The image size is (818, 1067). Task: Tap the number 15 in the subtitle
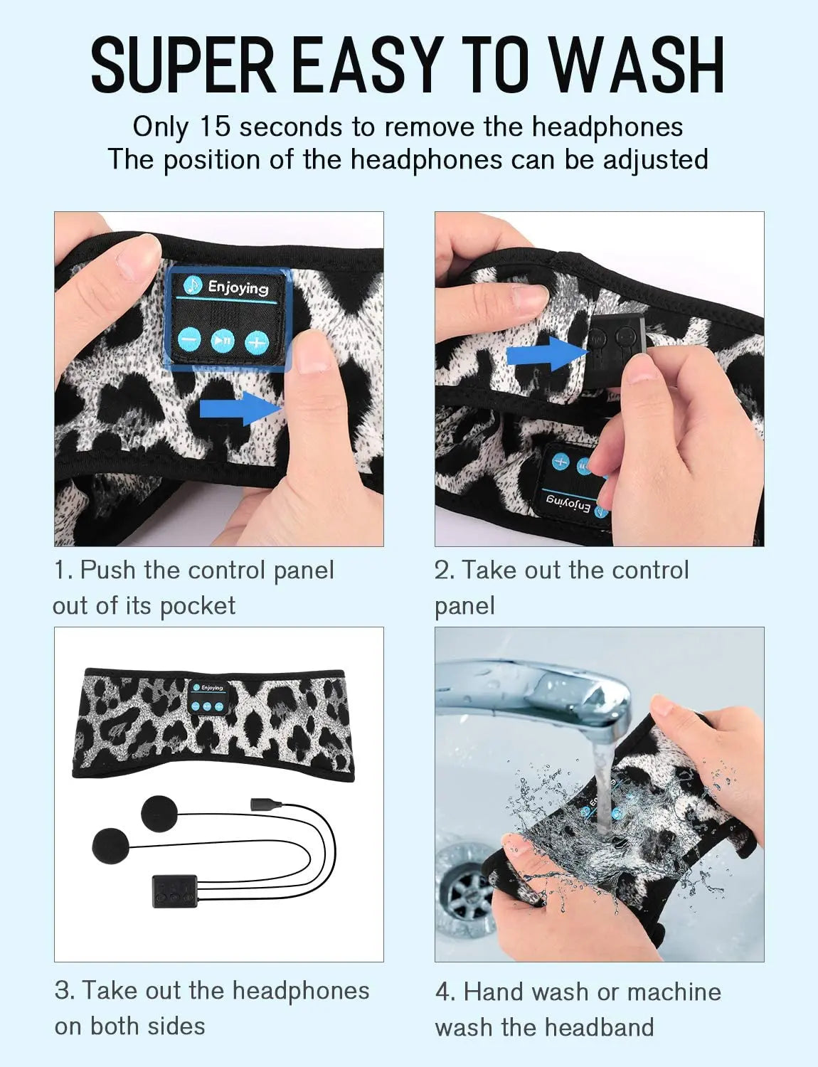pos(215,127)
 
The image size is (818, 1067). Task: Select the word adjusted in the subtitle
pos(655,159)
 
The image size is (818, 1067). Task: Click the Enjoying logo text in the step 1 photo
pos(238,287)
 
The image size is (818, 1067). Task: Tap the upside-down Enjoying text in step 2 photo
pos(568,504)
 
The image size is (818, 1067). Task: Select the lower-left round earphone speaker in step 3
pos(111,846)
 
